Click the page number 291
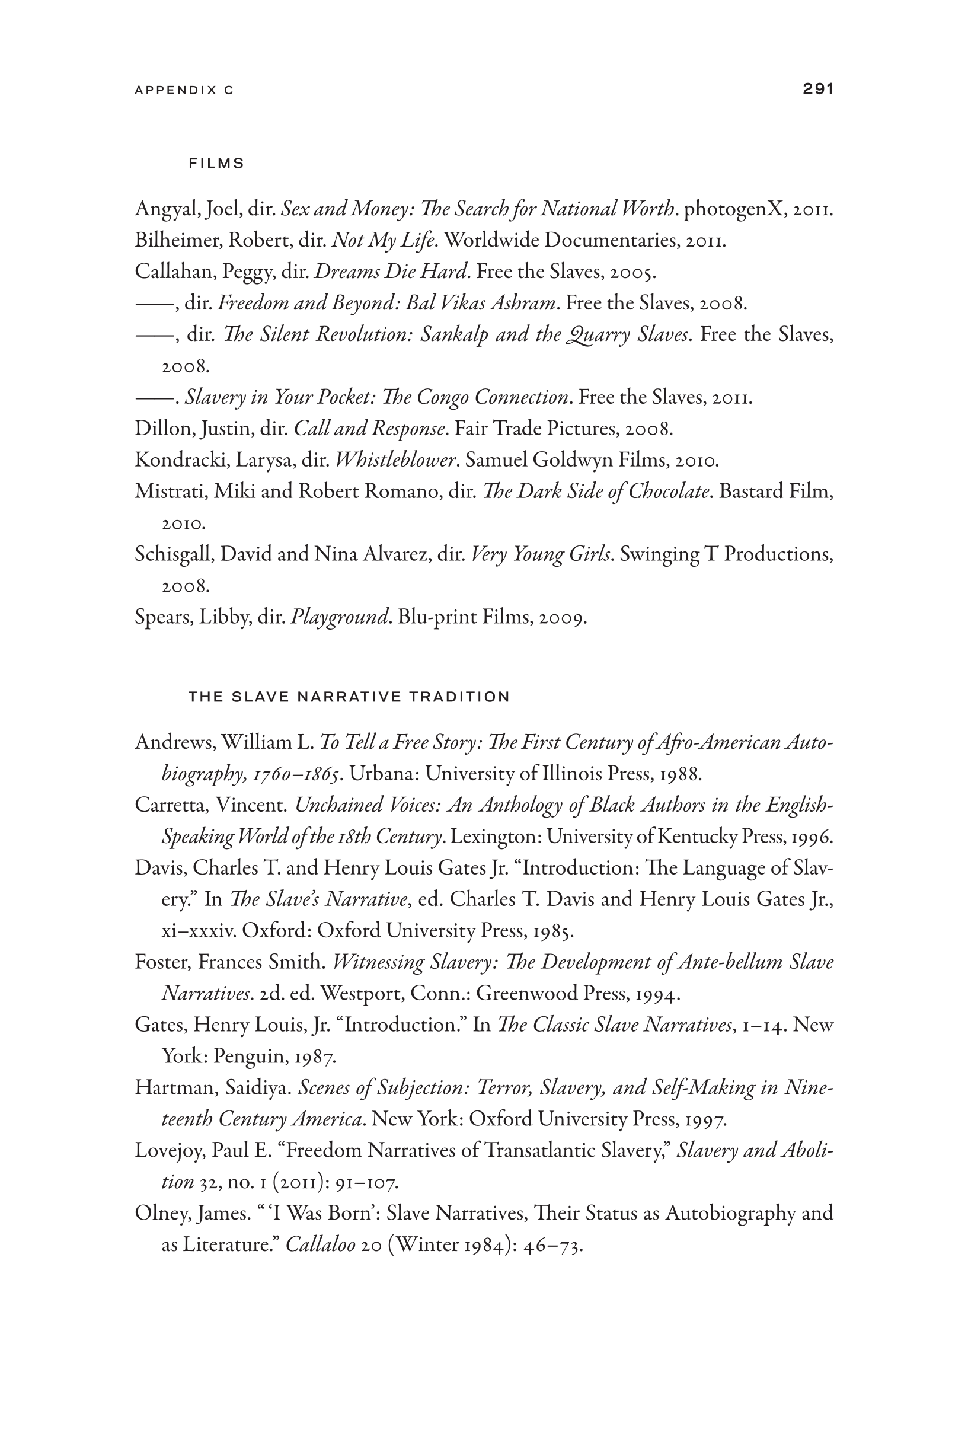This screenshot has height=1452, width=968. click(817, 89)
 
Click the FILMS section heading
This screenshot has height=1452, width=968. click(216, 164)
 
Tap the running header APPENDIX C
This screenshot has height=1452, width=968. click(184, 90)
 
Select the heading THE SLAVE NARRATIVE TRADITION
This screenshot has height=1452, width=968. click(349, 697)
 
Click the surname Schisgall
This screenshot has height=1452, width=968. click(174, 554)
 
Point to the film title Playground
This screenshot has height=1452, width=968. click(340, 617)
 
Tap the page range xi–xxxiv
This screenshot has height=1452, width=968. click(198, 930)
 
